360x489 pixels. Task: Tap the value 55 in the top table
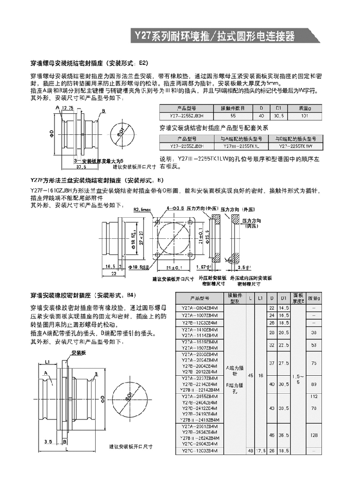click(233, 116)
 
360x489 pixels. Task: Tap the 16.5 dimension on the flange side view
click(110, 267)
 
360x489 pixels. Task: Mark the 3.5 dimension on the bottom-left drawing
click(48, 441)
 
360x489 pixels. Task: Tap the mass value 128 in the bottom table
click(314, 435)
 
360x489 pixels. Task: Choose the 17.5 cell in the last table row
click(260, 451)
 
